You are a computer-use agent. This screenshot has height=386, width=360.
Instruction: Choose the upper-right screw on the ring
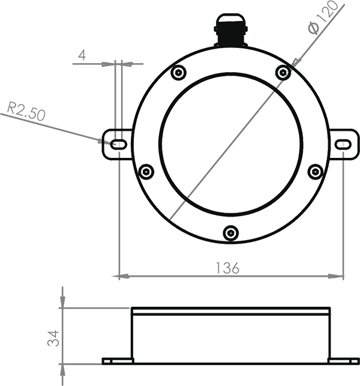[283, 73]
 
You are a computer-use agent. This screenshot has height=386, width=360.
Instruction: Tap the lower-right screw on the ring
[316, 172]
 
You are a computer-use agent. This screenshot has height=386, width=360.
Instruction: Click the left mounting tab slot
[118, 144]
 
